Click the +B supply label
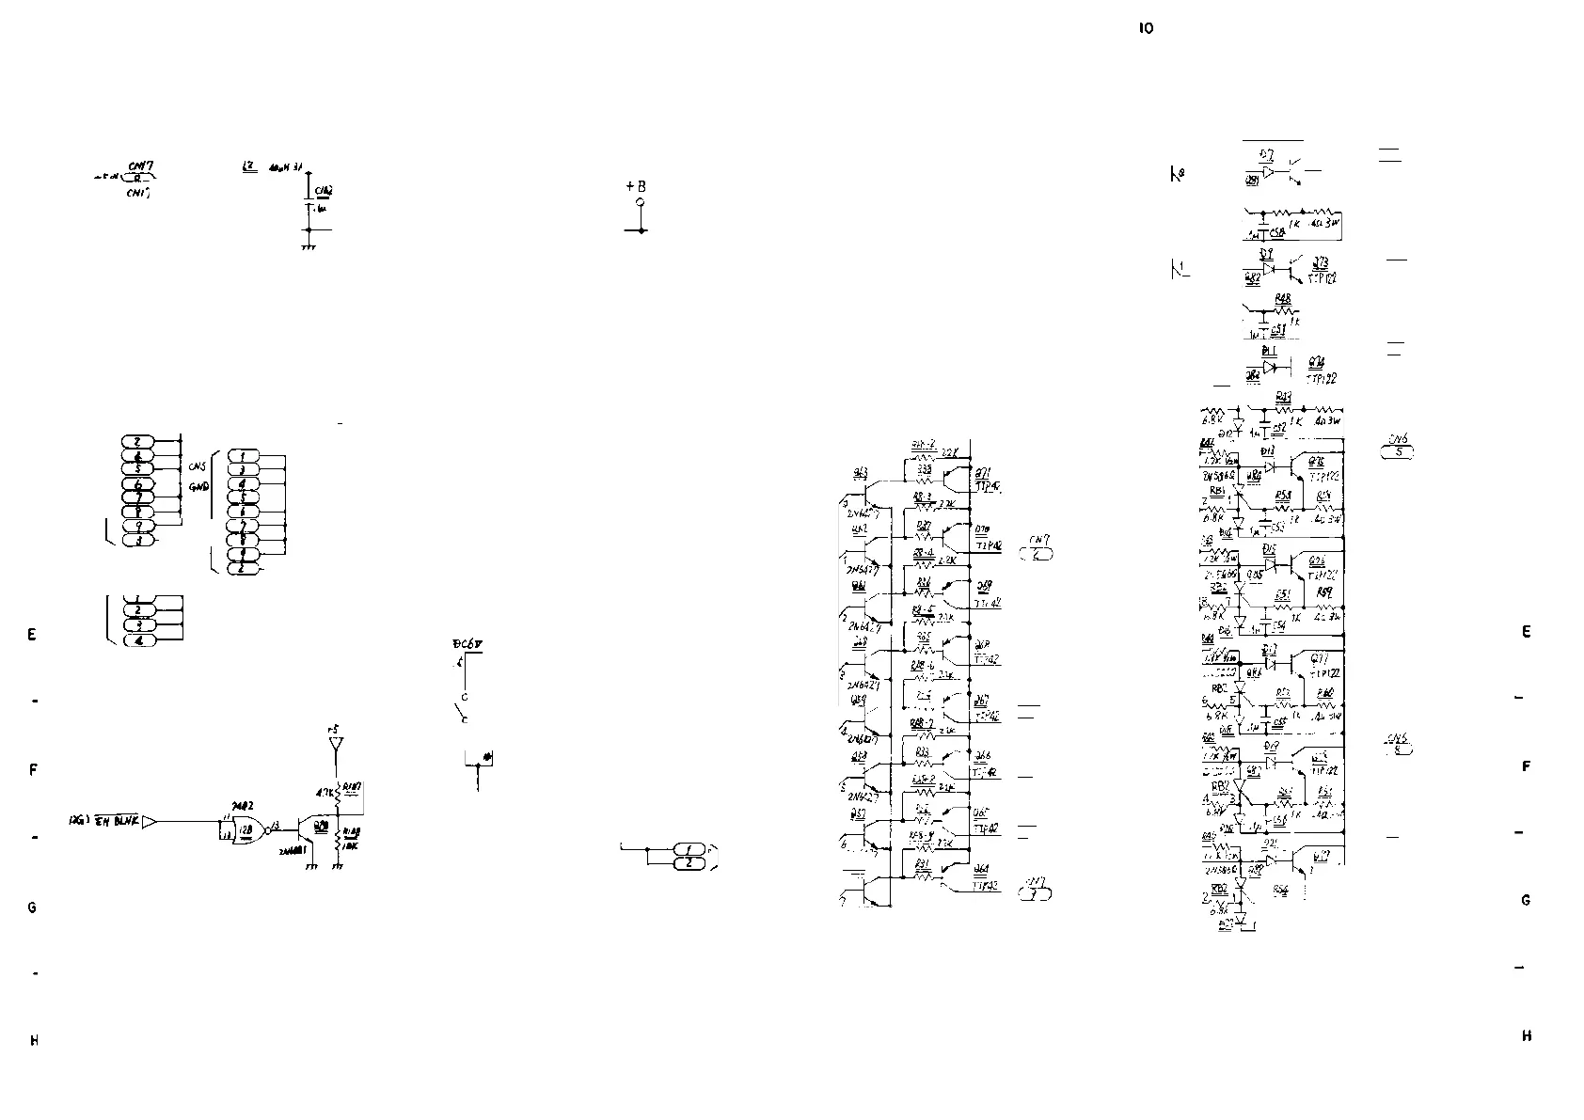[637, 186]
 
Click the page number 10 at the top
[1146, 28]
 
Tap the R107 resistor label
[353, 786]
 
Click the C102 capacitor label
[324, 191]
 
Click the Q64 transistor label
[982, 868]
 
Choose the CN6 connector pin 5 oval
[1398, 452]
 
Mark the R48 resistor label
[1283, 299]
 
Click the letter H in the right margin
[1526, 1036]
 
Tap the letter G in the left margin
[32, 907]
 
